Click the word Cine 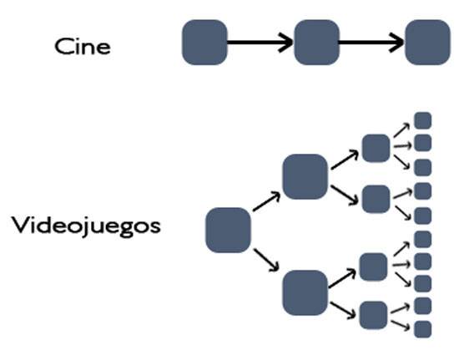83,47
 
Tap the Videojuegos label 86,226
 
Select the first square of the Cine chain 204,42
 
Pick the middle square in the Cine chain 317,42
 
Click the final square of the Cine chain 427,42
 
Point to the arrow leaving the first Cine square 260,43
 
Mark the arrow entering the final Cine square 371,43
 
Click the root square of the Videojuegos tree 228,231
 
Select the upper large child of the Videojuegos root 305,176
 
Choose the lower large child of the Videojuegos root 305,293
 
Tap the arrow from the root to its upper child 267,201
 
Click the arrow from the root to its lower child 266,260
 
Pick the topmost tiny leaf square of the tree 423,120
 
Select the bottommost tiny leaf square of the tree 423,329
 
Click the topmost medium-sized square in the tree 376,148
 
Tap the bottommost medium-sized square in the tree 374,315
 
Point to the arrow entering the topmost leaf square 402,130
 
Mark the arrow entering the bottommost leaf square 400,326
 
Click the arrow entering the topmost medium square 345,160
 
